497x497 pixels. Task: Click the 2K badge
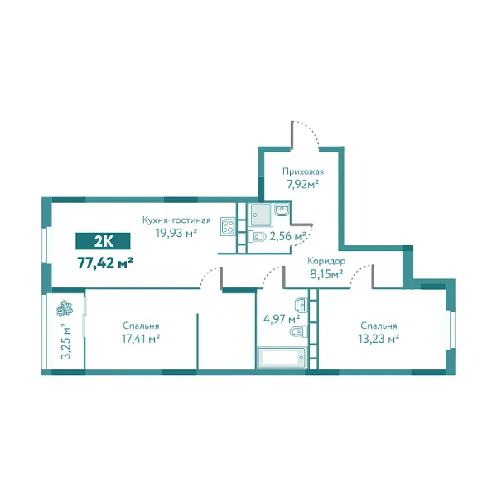click(x=104, y=242)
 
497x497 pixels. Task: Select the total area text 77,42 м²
click(x=105, y=263)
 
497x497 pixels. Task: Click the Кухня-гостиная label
click(x=175, y=220)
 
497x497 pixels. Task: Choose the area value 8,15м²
click(x=325, y=274)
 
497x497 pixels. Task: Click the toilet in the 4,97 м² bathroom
click(x=296, y=333)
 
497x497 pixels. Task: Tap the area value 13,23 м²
click(x=379, y=338)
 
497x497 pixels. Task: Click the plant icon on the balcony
click(x=62, y=311)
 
